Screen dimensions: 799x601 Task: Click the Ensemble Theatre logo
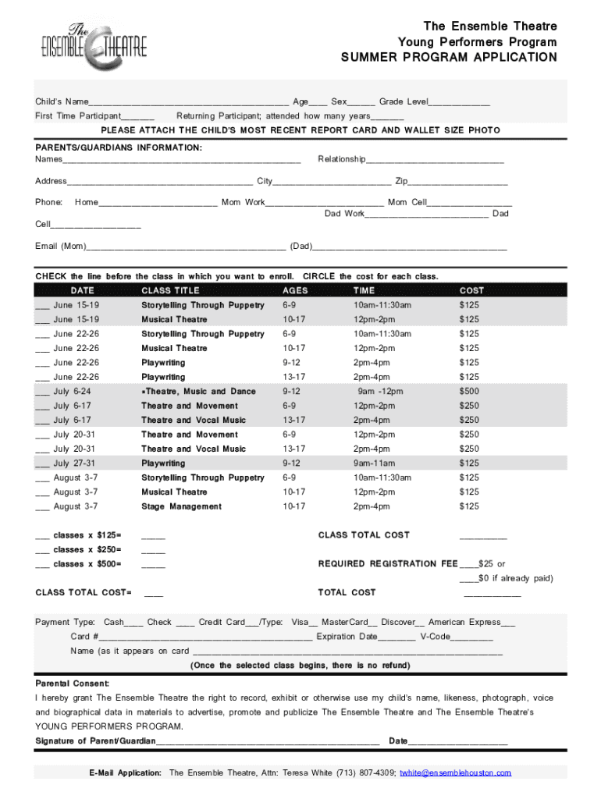point(94,45)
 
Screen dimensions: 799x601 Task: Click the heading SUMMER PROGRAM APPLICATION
point(449,58)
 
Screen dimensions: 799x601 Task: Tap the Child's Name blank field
point(188,102)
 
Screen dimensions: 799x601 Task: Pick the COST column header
point(471,290)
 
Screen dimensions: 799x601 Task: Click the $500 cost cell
point(469,392)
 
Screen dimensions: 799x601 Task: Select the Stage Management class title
point(181,506)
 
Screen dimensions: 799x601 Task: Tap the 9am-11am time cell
point(374,463)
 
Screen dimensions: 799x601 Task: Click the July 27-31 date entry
point(76,463)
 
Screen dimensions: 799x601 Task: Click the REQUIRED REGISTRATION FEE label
point(388,563)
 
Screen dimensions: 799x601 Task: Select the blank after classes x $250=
point(153,551)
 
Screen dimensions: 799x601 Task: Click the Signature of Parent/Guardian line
point(268,741)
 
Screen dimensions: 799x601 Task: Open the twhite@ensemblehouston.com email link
point(455,772)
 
